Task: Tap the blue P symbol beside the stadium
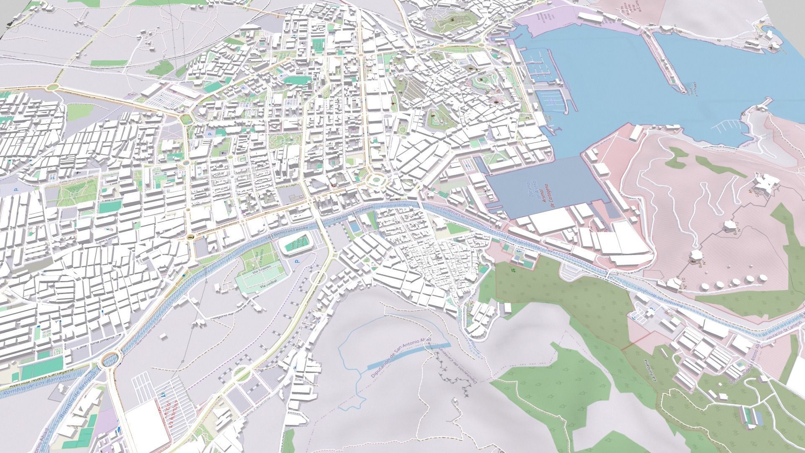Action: [x=298, y=261]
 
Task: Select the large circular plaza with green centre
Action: [x=376, y=181]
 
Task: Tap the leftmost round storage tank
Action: [x=706, y=286]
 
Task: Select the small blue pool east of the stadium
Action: [x=354, y=228]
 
